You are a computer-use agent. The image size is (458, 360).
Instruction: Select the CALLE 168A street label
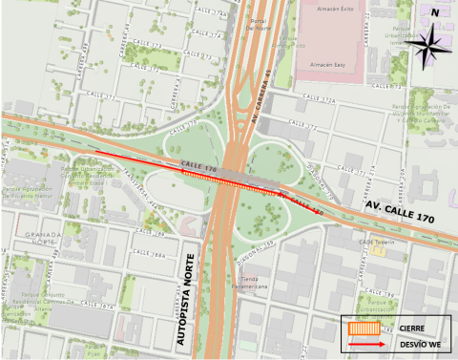152,256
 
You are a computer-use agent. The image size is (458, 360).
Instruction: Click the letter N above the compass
434,12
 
